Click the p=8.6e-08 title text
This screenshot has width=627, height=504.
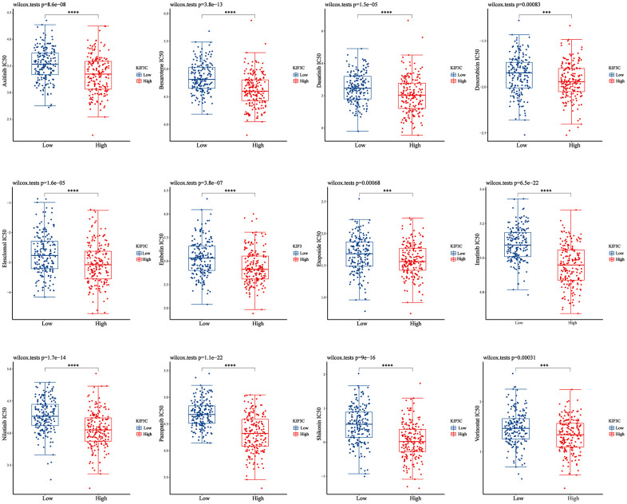(49, 6)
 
